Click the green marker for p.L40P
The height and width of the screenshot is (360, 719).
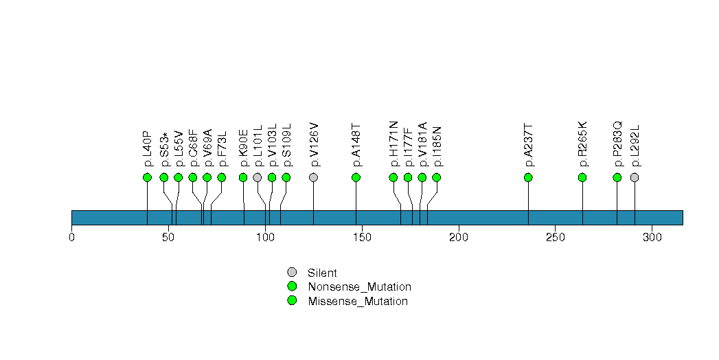[147, 177]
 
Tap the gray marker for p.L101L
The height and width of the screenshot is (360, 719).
[258, 177]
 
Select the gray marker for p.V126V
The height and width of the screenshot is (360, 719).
[314, 177]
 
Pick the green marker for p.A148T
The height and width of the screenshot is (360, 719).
[356, 177]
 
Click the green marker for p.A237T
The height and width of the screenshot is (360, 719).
[528, 177]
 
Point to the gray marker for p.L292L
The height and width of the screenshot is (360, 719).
[635, 177]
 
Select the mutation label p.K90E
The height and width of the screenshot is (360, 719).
[243, 148]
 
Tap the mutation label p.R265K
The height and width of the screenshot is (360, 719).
[583, 144]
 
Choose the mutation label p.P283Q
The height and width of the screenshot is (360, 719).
[617, 144]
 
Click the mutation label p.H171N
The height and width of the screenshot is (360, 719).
[393, 144]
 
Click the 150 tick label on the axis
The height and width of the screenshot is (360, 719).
[362, 238]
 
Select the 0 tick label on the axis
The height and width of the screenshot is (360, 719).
[71, 238]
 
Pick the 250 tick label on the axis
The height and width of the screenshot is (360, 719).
[555, 238]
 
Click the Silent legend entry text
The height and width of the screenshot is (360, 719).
[322, 273]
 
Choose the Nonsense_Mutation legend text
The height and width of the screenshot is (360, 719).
[359, 286]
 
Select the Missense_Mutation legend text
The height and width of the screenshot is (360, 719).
[357, 301]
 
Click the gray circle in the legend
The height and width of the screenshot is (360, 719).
[292, 273]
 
